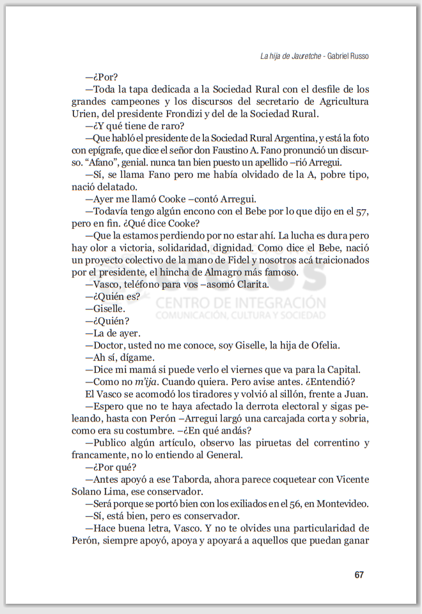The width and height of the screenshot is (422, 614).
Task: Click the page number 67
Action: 359,574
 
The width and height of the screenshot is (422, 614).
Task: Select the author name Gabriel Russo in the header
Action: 348,56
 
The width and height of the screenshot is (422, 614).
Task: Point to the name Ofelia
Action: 321,345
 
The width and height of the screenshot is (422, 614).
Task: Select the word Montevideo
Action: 337,504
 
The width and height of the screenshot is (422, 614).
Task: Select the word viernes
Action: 244,370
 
